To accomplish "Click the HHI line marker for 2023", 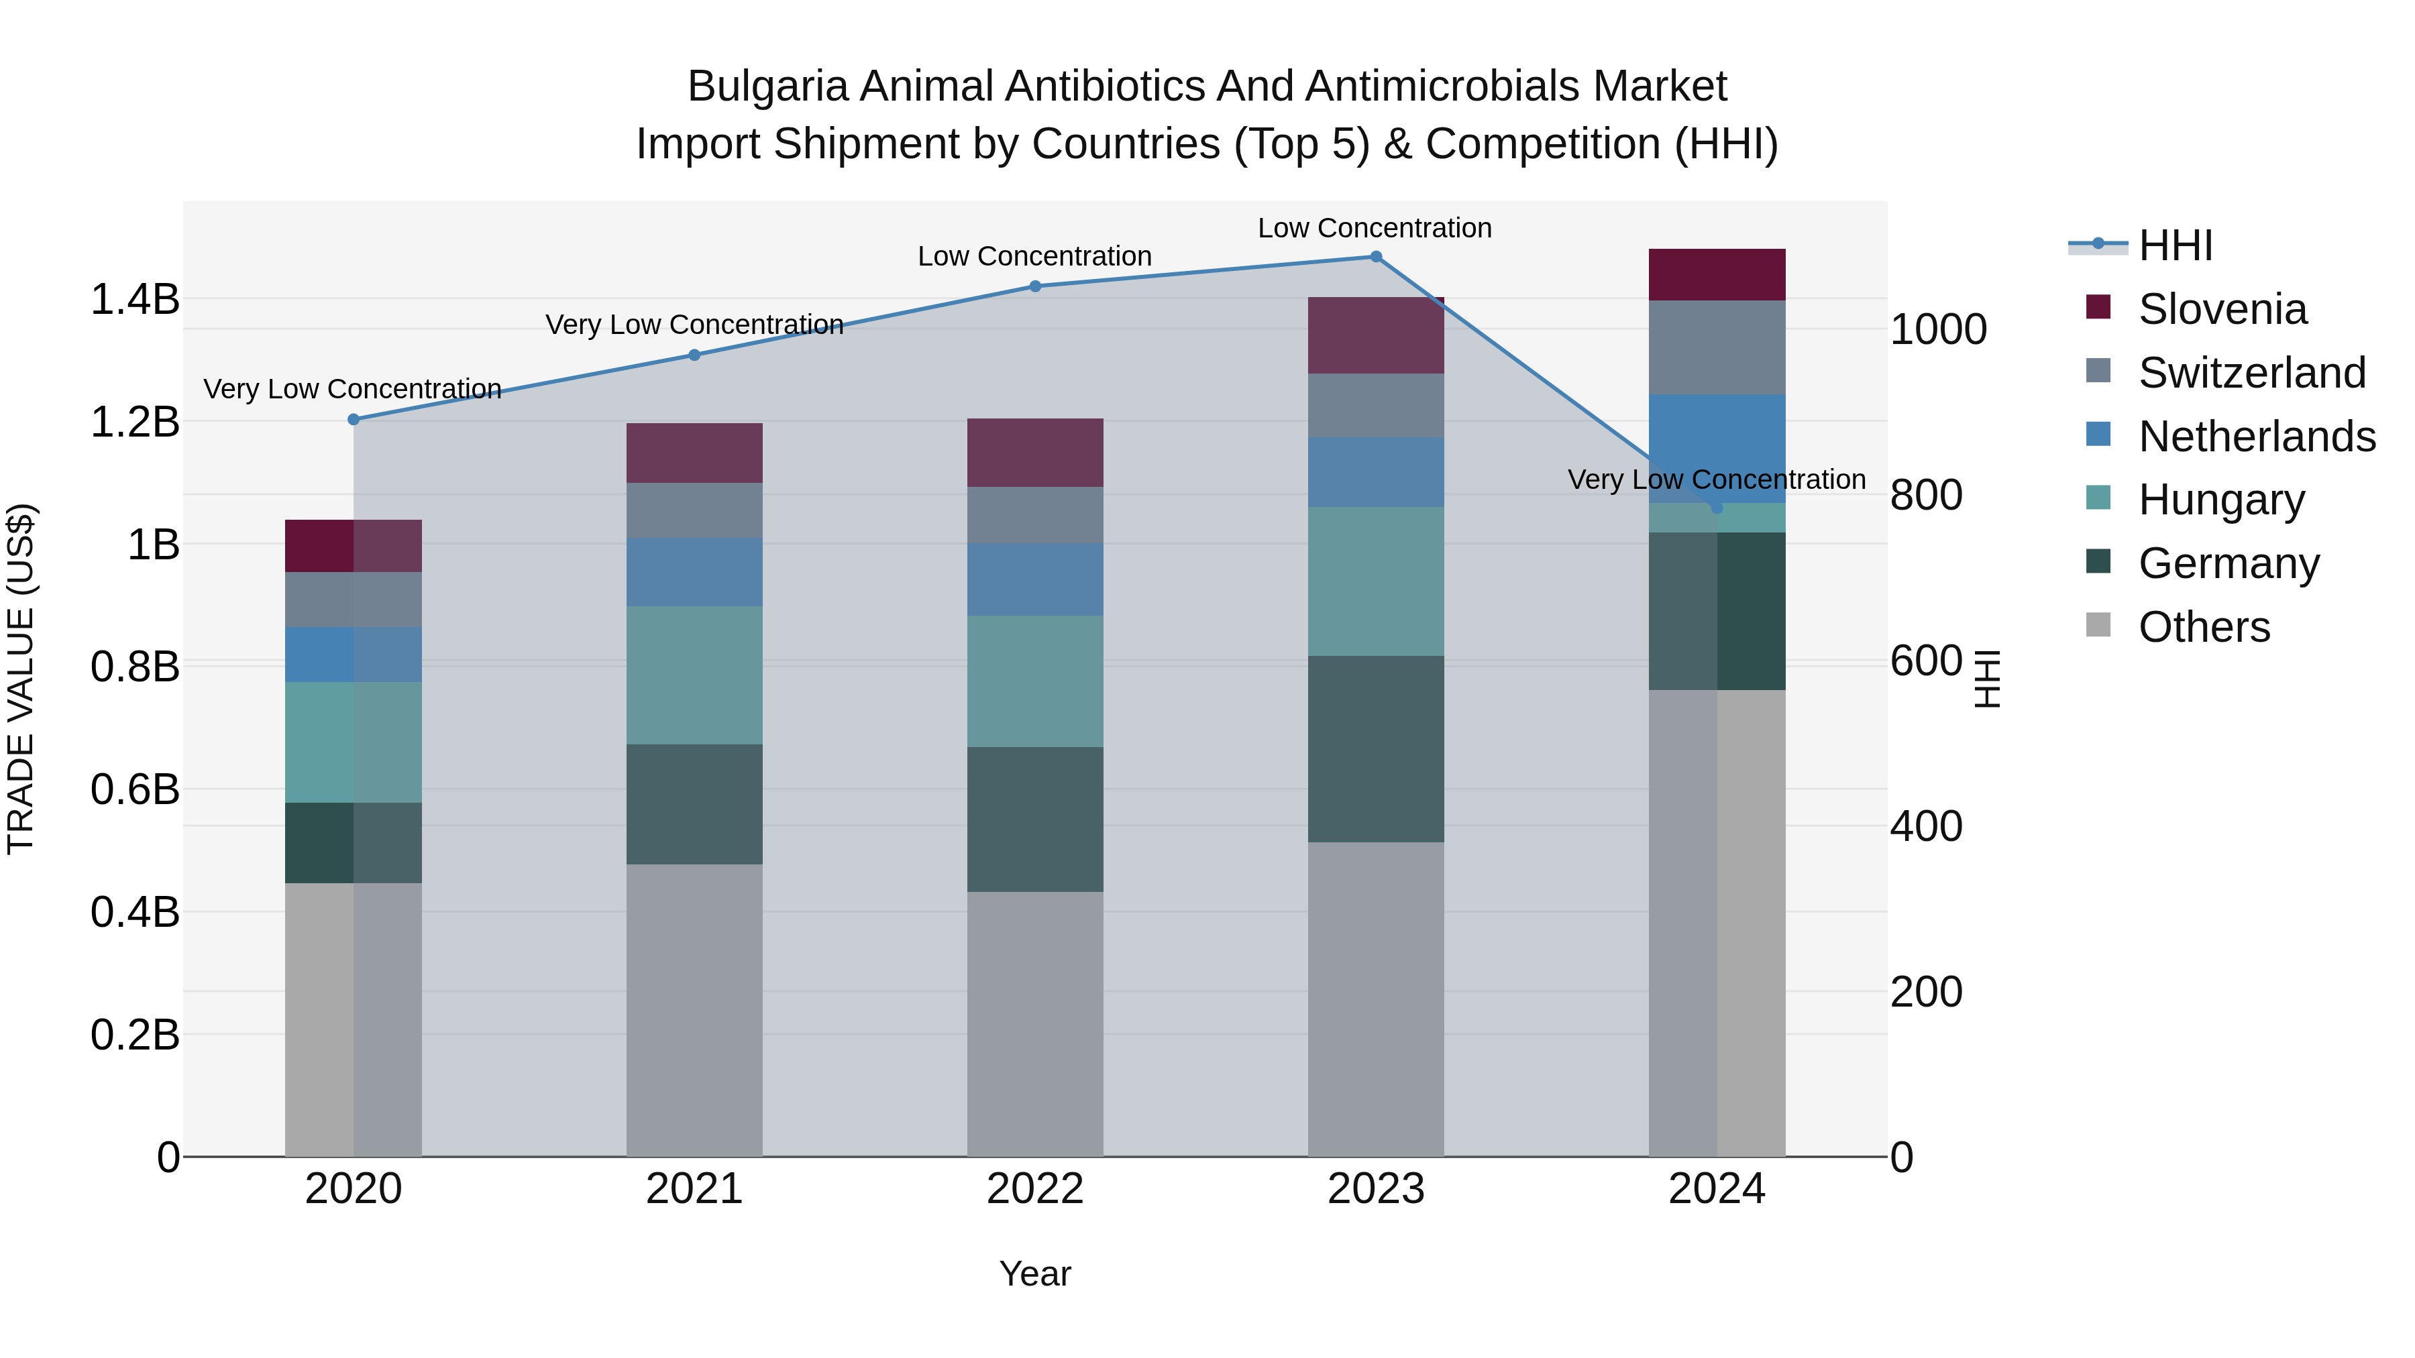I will coord(1375,257).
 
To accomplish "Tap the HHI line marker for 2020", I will coord(354,419).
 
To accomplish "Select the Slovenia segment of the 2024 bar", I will coord(1717,274).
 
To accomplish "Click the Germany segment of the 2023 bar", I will coord(1375,749).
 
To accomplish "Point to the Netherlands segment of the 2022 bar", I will coord(1035,579).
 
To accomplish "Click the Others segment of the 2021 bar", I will coord(694,1011).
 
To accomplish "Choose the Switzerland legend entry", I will coord(2252,373).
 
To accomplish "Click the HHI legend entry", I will coord(2175,245).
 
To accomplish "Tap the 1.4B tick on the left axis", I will coord(134,300).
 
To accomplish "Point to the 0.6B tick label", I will coord(134,789).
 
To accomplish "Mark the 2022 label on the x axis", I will coord(1035,1189).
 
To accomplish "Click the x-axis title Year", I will coord(1035,1274).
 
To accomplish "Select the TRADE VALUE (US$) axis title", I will coord(21,679).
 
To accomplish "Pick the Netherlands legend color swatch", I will coord(2098,435).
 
